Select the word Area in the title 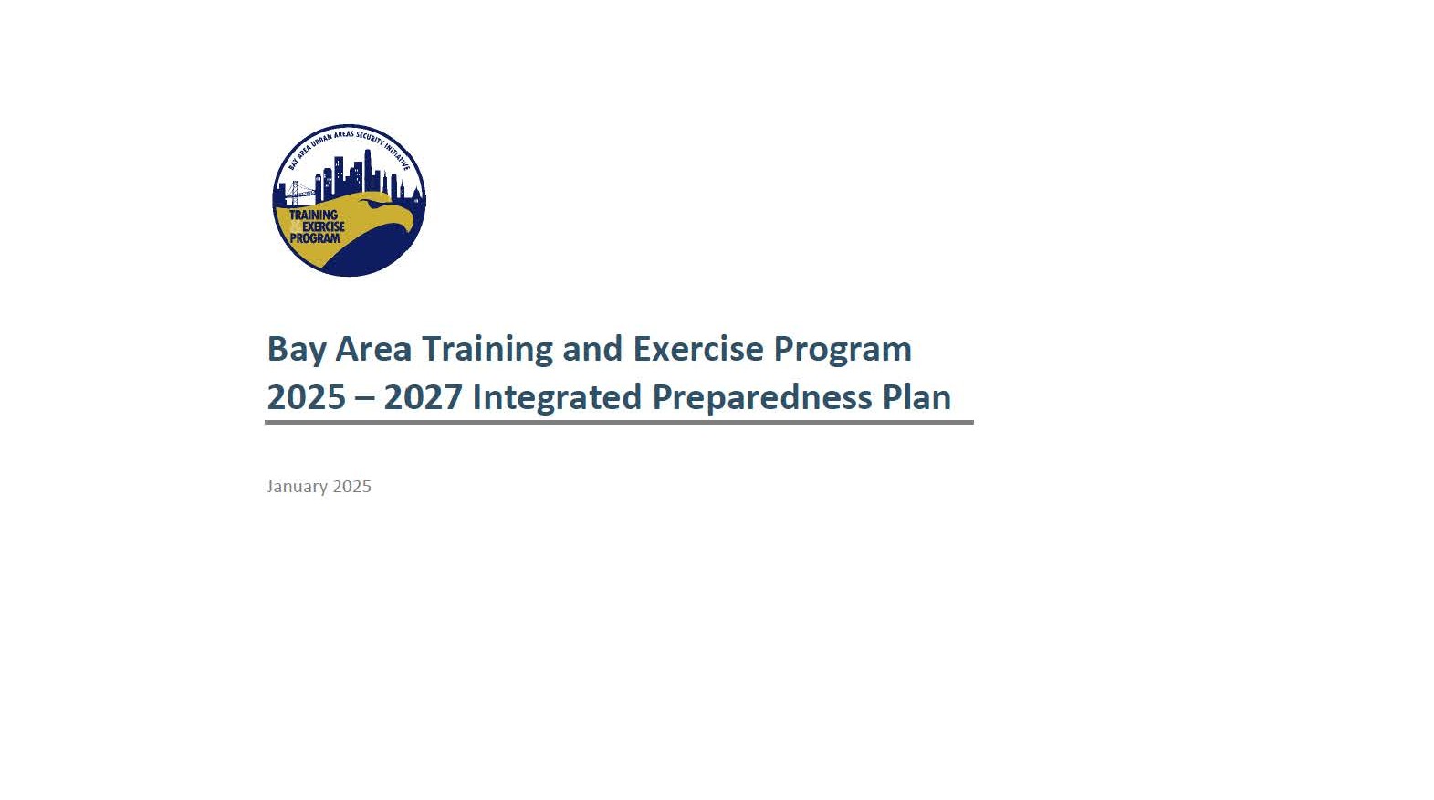pos(372,349)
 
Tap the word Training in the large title pos(487,350)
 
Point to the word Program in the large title pos(843,350)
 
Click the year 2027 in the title pos(423,397)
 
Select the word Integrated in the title pos(556,398)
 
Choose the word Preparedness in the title pos(762,398)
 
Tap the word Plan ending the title pos(916,397)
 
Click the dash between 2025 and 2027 pos(364,399)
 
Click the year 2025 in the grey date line pos(352,487)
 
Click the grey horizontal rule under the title pos(619,423)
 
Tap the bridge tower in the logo pos(295,192)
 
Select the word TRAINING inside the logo pos(314,216)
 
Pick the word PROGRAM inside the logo pos(315,238)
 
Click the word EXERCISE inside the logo pos(323,226)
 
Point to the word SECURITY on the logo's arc pos(372,138)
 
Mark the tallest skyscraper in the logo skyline pos(368,171)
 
